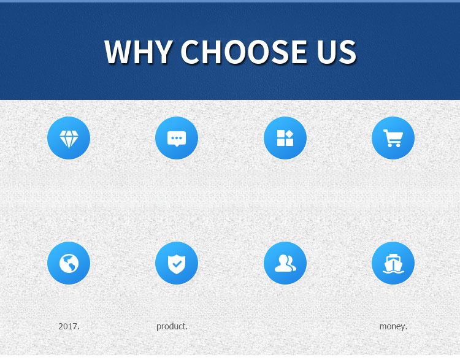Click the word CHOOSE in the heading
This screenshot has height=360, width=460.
pyautogui.click(x=243, y=52)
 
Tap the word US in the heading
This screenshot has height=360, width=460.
pyautogui.click(x=336, y=52)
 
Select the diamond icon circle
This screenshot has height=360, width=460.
pyautogui.click(x=69, y=138)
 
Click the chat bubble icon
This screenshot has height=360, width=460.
pyautogui.click(x=177, y=139)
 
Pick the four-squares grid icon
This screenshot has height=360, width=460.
pyautogui.click(x=285, y=138)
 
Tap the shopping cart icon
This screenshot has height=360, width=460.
pyautogui.click(x=393, y=138)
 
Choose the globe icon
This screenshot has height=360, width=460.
pyautogui.click(x=69, y=264)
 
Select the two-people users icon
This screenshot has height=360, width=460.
pyautogui.click(x=285, y=263)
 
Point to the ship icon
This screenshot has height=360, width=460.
pyautogui.click(x=393, y=264)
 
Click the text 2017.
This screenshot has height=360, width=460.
pyautogui.click(x=69, y=326)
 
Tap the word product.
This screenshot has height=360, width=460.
pyautogui.click(x=172, y=326)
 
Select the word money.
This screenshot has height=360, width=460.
pyautogui.click(x=393, y=326)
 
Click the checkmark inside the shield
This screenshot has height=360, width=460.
pyautogui.click(x=177, y=264)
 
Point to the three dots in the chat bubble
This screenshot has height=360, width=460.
pyautogui.click(x=177, y=138)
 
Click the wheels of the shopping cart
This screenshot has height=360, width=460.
pyautogui.click(x=394, y=145)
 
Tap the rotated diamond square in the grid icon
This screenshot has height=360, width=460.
pyautogui.click(x=289, y=134)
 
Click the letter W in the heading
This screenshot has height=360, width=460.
pyautogui.click(x=117, y=52)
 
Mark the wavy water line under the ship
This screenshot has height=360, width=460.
pyautogui.click(x=393, y=272)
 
